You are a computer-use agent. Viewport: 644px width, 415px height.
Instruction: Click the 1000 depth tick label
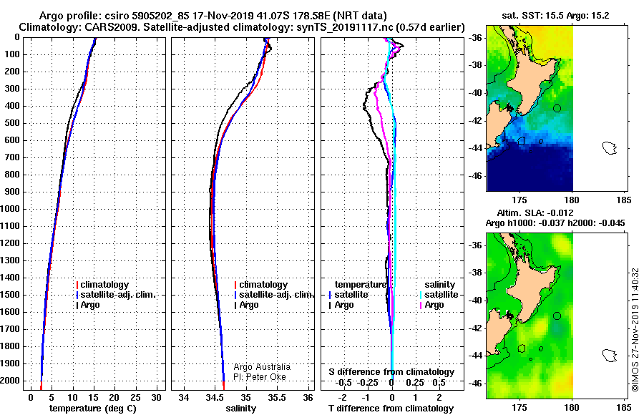coord(10,209)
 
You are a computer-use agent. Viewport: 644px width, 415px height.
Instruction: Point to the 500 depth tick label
coord(12,123)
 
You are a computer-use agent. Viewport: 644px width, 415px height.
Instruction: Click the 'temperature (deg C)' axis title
coord(93,409)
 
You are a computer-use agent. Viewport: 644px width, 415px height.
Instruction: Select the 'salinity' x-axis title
coord(240,409)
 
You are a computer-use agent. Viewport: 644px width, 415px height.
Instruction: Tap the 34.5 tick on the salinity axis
coord(215,398)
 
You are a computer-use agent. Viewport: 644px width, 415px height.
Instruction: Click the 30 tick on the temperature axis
coord(156,398)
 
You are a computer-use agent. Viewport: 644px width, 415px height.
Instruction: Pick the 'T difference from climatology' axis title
coord(391,409)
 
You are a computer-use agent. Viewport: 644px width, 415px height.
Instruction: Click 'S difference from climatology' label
coord(391,372)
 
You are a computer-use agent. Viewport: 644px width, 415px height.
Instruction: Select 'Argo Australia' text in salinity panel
coord(262,367)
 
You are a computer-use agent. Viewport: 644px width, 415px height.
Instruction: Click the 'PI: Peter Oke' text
coord(260,377)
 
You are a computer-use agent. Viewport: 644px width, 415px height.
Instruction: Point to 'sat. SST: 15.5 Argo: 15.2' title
coord(555,16)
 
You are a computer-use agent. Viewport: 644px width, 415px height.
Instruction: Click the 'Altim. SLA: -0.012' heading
coord(535,213)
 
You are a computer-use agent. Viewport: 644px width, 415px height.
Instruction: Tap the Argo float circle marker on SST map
coord(557,109)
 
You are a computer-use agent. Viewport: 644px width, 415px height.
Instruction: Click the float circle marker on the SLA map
coord(557,316)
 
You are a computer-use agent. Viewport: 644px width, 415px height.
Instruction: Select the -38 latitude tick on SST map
coord(476,65)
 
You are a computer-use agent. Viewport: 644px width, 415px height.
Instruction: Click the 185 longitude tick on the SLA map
coord(624,408)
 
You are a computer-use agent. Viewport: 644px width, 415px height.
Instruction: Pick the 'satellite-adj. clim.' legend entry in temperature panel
coord(116,295)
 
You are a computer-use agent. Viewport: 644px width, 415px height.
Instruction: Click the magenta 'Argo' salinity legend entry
coord(431,305)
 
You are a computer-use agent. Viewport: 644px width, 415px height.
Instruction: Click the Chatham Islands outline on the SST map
coord(610,148)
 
